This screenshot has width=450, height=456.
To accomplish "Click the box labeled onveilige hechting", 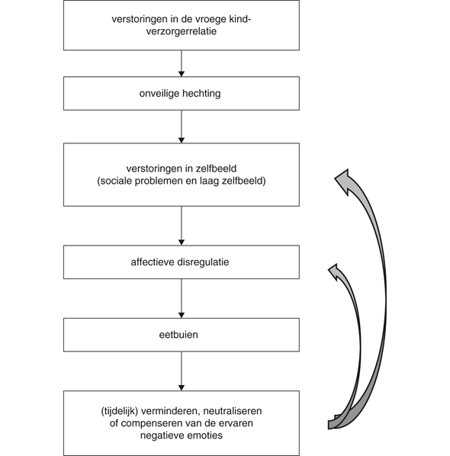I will (181, 94).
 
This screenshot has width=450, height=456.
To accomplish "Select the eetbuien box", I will (181, 335).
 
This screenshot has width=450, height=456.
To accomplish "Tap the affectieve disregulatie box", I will (181, 262).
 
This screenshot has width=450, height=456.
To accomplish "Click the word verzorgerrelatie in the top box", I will (181, 32).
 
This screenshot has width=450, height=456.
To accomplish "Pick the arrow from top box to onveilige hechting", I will (181, 63).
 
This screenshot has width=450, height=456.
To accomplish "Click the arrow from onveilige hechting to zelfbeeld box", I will (181, 127).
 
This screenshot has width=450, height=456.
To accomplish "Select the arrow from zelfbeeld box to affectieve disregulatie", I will (181, 226).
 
